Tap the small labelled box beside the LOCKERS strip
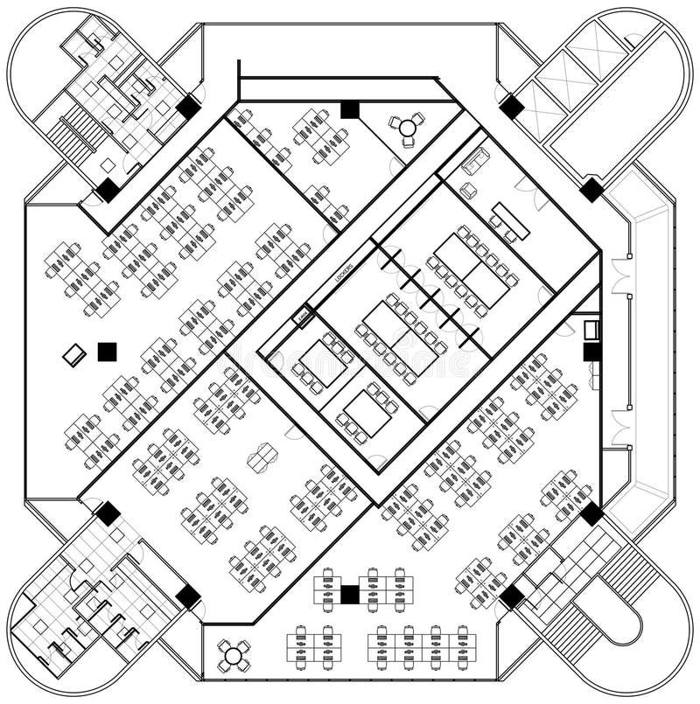click(x=304, y=315)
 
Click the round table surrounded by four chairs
click(x=234, y=653)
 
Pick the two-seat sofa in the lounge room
click(x=478, y=161)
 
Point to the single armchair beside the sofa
click(x=469, y=189)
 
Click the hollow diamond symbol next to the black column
click(x=75, y=353)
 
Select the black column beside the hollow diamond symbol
click(x=107, y=352)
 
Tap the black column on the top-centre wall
click(x=349, y=109)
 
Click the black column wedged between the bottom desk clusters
click(x=349, y=595)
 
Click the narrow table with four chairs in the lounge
click(x=509, y=220)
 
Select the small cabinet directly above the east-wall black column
click(x=591, y=330)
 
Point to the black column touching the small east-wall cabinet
click(x=591, y=351)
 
